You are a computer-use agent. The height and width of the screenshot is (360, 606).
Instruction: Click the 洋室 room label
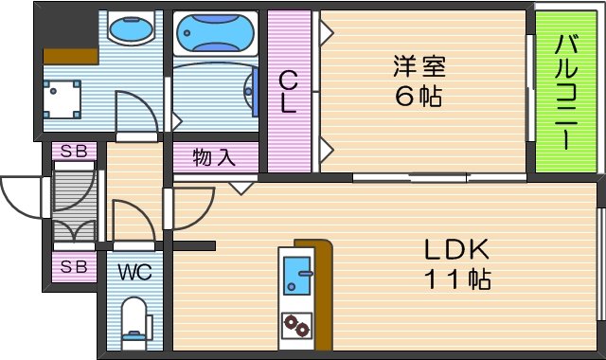pyautogui.click(x=419, y=67)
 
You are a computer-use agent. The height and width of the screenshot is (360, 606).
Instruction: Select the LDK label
pyautogui.click(x=454, y=250)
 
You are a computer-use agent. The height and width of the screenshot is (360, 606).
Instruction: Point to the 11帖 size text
pyautogui.click(x=454, y=280)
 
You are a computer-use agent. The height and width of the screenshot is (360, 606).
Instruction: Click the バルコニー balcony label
pyautogui.click(x=566, y=92)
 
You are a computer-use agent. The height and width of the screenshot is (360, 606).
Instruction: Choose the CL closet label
pyautogui.click(x=288, y=93)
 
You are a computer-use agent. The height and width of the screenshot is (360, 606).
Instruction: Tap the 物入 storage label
pyautogui.click(x=213, y=156)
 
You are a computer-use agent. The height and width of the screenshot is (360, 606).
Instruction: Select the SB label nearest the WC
pyautogui.click(x=73, y=267)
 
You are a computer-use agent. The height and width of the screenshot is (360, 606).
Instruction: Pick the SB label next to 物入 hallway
pyautogui.click(x=73, y=152)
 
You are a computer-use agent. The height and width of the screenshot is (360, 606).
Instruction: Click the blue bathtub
pyautogui.click(x=216, y=34)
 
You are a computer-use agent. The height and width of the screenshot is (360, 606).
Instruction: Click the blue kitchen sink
pyautogui.click(x=297, y=276)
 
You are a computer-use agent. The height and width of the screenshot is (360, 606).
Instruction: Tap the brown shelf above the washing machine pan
pyautogui.click(x=70, y=55)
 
